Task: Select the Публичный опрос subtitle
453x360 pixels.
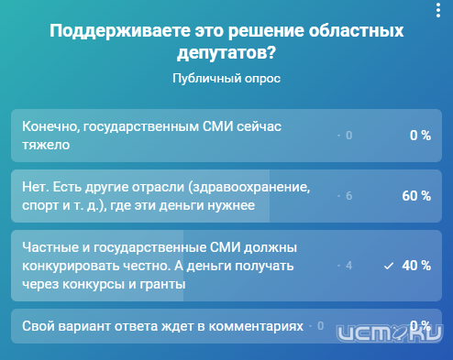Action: pos(226,79)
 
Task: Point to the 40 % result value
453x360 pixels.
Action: pos(416,265)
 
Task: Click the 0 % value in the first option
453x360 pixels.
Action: pos(420,136)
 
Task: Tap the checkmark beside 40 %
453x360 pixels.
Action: pos(389,266)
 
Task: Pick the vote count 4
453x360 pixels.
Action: pos(348,266)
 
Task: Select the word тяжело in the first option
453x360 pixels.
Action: pos(45,144)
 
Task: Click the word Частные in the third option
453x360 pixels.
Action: pos(52,248)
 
